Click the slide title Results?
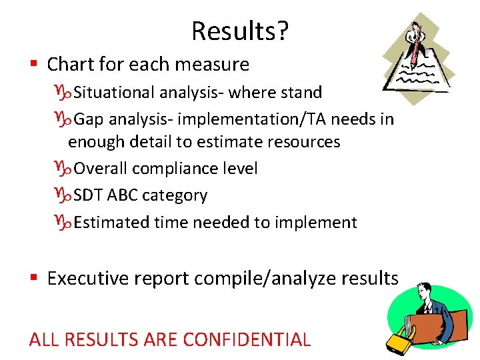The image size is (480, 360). click(x=240, y=31)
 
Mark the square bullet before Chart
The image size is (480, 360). click(x=33, y=65)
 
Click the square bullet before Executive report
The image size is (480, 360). click(x=33, y=278)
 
